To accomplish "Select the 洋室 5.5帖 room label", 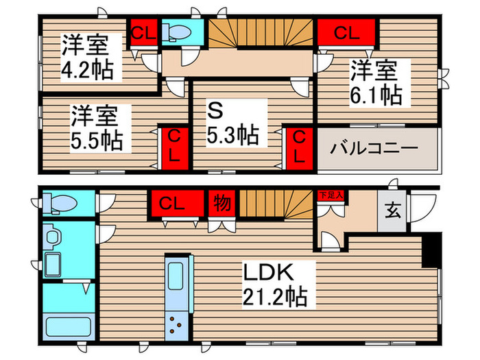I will (97, 128).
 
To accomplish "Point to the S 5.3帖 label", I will (232, 123).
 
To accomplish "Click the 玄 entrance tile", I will (391, 210).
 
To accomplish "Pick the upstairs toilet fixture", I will (178, 32).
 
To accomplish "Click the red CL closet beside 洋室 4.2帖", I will (143, 32).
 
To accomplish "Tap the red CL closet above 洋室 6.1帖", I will (346, 32).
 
